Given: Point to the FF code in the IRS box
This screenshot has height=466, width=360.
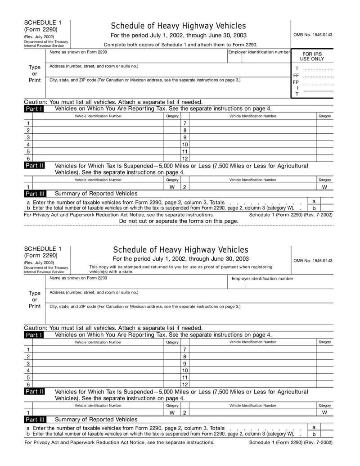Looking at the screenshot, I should coord(296,76).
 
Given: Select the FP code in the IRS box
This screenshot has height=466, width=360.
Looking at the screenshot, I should coord(296,82).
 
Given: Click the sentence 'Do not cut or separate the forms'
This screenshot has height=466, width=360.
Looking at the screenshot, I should coord(179,221).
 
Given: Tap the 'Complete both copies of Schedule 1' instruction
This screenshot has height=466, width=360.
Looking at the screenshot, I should coord(180,45).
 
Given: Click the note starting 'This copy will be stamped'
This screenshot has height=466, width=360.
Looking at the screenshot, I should coord(180,269).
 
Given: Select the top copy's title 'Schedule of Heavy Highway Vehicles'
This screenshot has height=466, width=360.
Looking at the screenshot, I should coord(178,26).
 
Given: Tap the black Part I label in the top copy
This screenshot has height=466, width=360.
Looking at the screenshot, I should coord(34,109).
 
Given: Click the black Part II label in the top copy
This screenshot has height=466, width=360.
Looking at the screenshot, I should coord(34,166).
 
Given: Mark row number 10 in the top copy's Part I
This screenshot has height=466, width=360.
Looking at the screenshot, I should coord(184,145).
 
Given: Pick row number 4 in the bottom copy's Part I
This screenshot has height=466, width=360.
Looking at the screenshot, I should coord(28,371).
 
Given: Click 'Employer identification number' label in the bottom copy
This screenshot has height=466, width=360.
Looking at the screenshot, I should coord(262,278).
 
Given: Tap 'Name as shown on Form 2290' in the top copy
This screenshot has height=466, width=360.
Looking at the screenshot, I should coord(78,52).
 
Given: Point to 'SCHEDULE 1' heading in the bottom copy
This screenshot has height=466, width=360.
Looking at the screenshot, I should coord(43,249).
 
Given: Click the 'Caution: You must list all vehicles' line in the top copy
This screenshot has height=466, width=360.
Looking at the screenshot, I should coord(113,102).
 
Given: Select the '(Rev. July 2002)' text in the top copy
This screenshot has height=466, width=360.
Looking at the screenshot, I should coord(39,36).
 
